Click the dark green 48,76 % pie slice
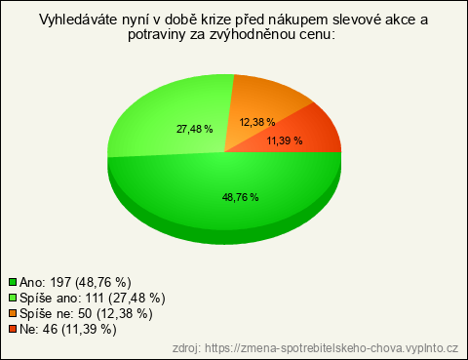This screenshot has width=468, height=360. (224, 208)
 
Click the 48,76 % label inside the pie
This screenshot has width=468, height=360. (241, 197)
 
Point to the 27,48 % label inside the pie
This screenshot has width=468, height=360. (194, 129)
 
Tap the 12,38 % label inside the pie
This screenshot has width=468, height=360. (257, 122)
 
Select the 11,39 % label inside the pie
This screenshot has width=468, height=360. (285, 140)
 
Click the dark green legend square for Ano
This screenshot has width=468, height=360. (13, 282)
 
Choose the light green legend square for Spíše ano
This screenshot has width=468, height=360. (13, 298)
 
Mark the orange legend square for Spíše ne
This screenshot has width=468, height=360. (13, 313)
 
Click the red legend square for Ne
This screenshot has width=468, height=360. (13, 329)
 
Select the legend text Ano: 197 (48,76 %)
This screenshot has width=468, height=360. (75, 282)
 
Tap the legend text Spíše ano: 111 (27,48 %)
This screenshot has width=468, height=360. (93, 298)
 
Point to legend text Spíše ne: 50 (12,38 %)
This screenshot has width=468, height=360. (86, 313)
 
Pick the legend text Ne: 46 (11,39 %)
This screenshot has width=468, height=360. (68, 329)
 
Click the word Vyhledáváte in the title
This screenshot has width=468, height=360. (78, 20)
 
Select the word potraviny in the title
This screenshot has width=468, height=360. (157, 35)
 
